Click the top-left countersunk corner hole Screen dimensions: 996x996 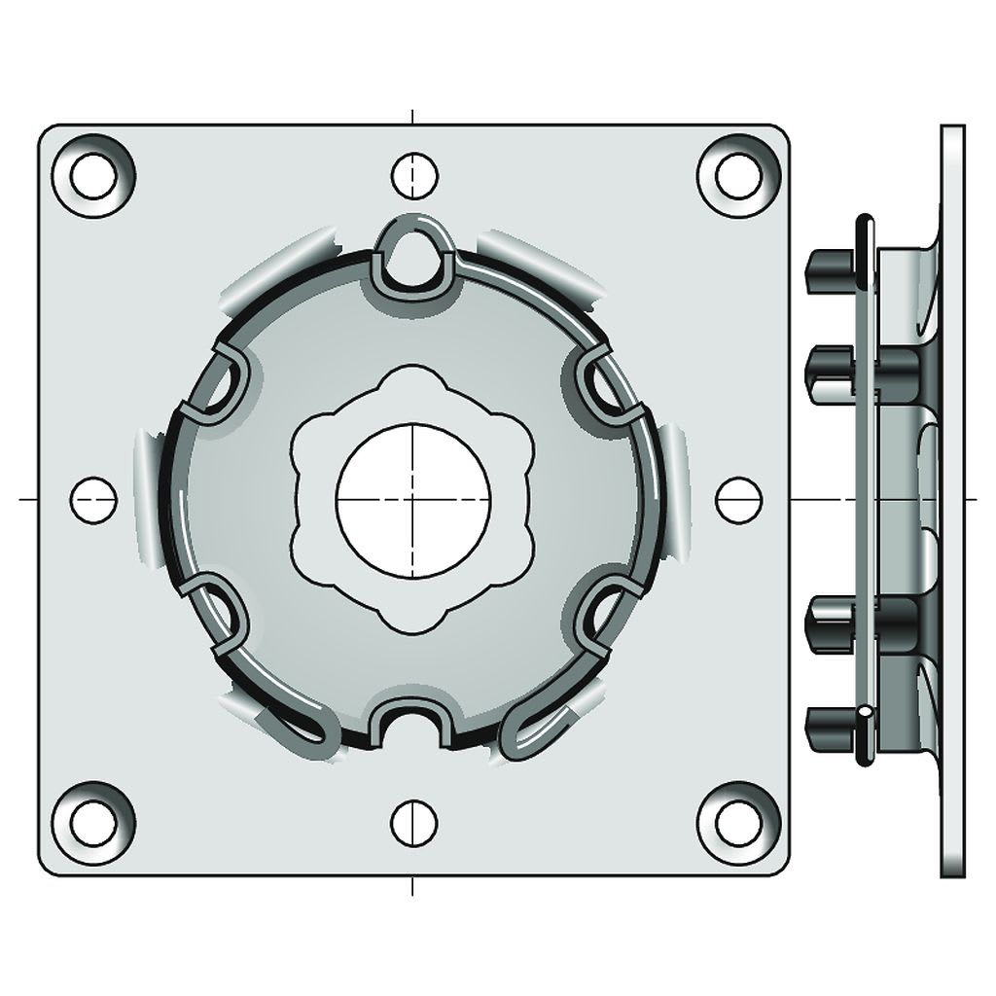(93, 176)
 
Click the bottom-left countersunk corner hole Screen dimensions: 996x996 (92, 823)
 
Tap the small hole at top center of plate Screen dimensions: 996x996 (414, 175)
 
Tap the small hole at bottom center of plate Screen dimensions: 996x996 (414, 823)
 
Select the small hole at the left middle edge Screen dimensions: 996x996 (93, 499)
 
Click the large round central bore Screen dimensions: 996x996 (413, 499)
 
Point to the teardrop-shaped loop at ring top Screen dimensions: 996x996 (413, 252)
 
